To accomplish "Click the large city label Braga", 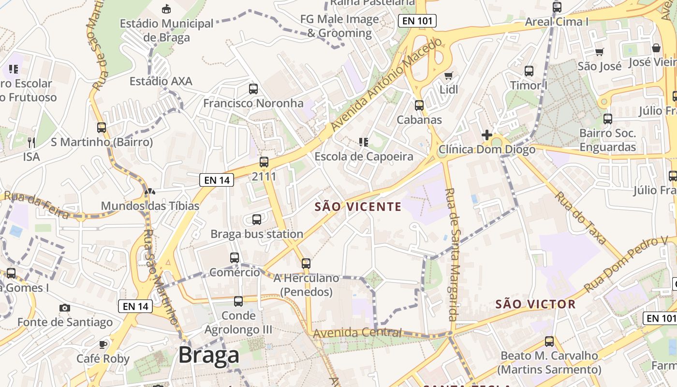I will click(209, 356).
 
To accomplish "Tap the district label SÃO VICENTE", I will click(358, 207).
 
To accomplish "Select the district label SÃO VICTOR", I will click(535, 304).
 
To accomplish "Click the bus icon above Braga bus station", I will click(257, 220).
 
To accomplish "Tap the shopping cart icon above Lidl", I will click(449, 75).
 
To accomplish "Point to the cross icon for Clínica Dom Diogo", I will click(487, 135).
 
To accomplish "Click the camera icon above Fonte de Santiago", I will click(64, 308).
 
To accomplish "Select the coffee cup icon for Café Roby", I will click(103, 344).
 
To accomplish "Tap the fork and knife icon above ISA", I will click(31, 142).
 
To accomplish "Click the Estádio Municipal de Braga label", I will click(166, 30).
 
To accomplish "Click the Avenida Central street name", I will click(357, 333).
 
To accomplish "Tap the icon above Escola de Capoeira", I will click(364, 142).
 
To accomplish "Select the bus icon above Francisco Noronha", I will click(253, 89).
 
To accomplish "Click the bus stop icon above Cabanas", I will click(419, 105).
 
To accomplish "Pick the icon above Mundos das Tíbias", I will click(150, 192).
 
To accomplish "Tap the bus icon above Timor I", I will click(529, 71).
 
